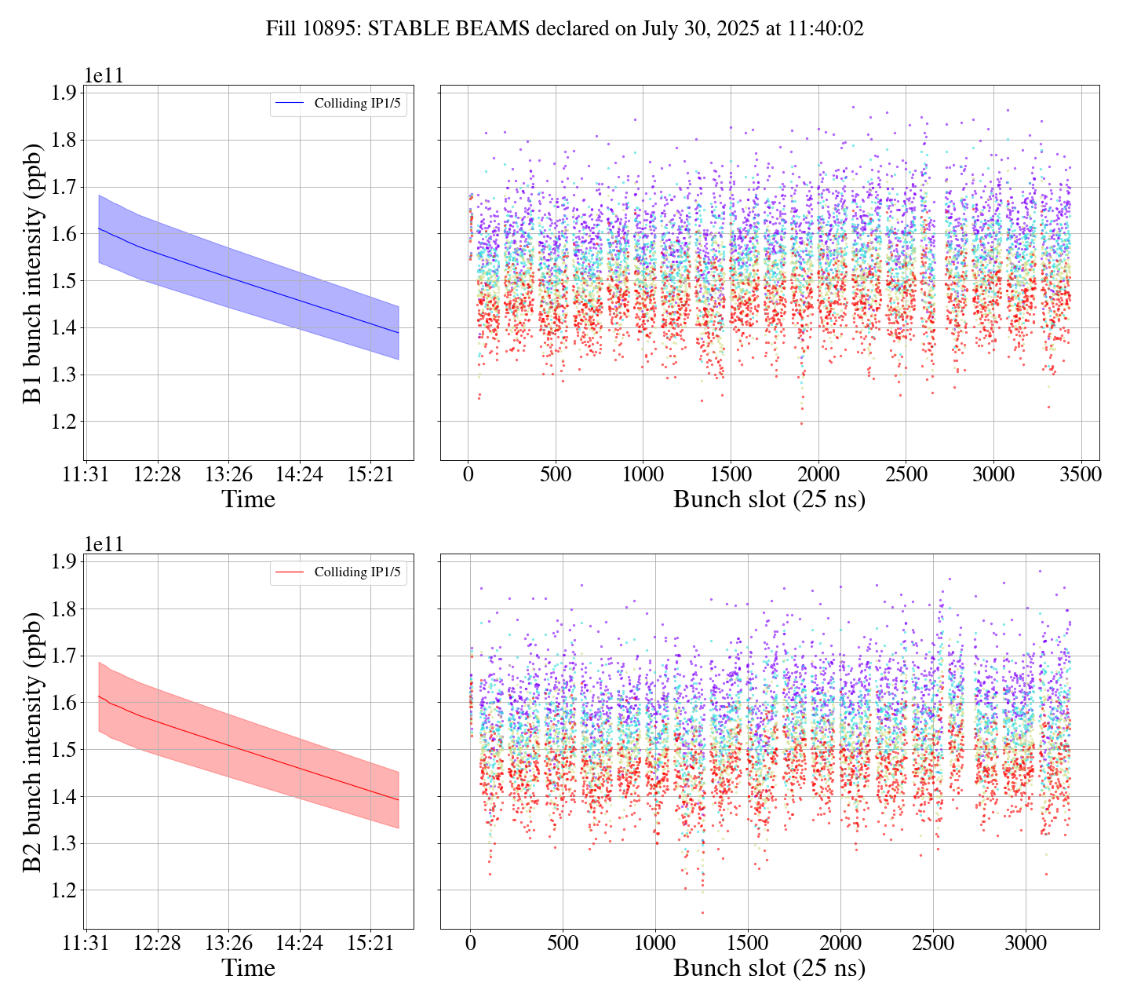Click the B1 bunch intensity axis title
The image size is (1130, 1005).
click(x=32, y=273)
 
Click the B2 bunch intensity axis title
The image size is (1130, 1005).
click(x=32, y=742)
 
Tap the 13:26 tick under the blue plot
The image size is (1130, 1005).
click(x=228, y=476)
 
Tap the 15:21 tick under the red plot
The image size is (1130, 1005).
click(x=370, y=945)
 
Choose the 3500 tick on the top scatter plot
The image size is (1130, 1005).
click(x=1081, y=476)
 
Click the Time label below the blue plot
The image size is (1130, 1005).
click(x=249, y=499)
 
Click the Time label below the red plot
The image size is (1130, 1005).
click(x=249, y=968)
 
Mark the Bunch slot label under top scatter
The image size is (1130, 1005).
click(x=769, y=499)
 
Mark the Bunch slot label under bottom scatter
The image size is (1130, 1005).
click(x=769, y=968)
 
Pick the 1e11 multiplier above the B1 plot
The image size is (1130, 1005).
click(x=104, y=75)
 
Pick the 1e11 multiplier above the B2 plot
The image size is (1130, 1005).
click(x=104, y=544)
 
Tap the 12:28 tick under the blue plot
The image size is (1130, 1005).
click(x=158, y=476)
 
